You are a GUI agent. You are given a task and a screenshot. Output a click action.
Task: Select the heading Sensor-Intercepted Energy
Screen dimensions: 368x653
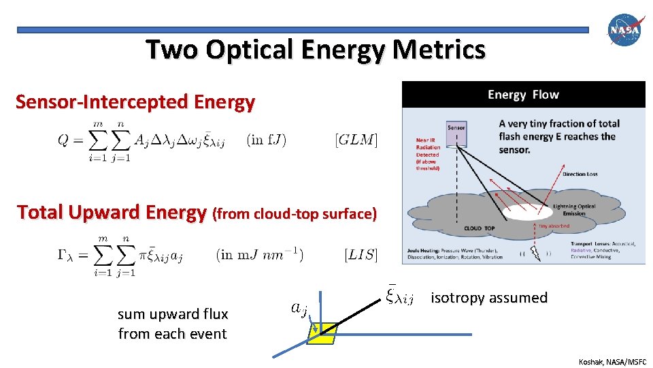point(135,102)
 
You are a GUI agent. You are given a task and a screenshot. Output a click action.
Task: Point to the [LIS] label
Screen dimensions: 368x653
point(361,255)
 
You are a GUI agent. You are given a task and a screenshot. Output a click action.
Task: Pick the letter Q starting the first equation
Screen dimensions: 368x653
point(63,140)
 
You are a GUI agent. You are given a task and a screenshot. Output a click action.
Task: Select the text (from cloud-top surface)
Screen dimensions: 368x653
point(295,214)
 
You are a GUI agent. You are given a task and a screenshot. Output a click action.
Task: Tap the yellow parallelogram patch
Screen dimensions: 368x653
point(322,332)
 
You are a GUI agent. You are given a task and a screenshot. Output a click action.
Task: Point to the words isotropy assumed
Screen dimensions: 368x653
point(488,298)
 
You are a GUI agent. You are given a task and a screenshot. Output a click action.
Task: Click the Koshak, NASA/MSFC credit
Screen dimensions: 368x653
point(612,361)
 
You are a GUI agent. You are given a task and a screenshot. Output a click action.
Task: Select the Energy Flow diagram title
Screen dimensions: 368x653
point(523,95)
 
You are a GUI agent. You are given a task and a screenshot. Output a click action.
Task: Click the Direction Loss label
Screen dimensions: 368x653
point(580,174)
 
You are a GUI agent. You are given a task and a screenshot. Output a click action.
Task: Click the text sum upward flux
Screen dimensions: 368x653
point(173,314)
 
